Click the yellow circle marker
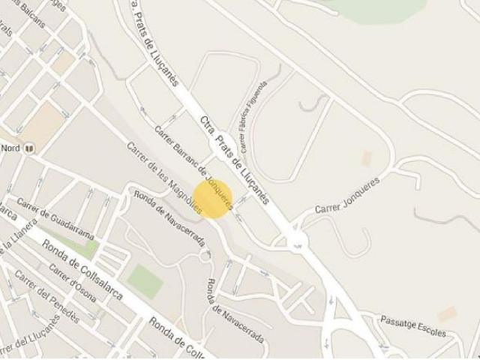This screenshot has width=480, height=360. (x=214, y=198)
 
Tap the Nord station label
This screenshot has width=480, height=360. (x=10, y=148)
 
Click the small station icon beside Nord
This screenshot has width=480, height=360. (x=28, y=148)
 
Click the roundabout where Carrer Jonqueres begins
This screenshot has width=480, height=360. (x=296, y=240)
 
